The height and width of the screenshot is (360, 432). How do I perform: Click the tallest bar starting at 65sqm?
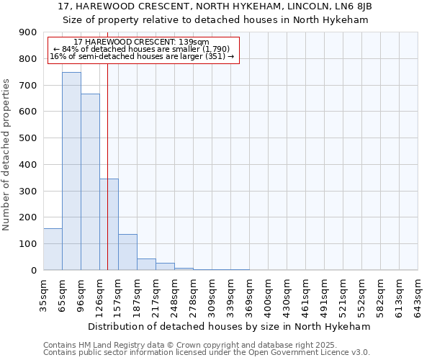(71, 171)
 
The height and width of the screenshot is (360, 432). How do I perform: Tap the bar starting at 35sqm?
(53, 249)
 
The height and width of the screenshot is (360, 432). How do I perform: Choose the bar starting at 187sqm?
(146, 264)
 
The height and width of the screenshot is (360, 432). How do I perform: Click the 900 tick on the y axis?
(28, 32)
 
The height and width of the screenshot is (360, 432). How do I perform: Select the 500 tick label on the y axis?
(28, 138)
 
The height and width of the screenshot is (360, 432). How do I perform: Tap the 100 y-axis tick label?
(28, 244)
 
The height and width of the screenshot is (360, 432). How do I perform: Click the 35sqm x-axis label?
(43, 294)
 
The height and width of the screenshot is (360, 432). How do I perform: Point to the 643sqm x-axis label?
(418, 294)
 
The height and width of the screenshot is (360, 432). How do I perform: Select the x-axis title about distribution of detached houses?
(228, 326)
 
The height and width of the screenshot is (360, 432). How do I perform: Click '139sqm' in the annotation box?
(193, 42)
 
